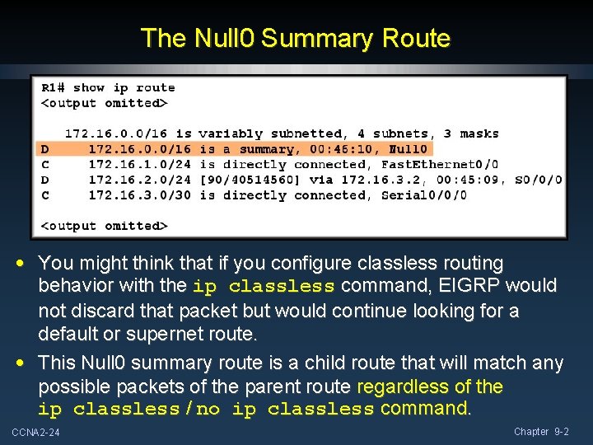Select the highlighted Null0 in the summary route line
click(408, 149)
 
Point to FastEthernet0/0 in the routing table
click(440, 164)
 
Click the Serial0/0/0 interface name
click(424, 195)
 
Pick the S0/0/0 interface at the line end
click(539, 180)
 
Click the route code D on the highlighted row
click(45, 149)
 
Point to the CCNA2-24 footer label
click(36, 433)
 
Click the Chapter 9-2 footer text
click(541, 432)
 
